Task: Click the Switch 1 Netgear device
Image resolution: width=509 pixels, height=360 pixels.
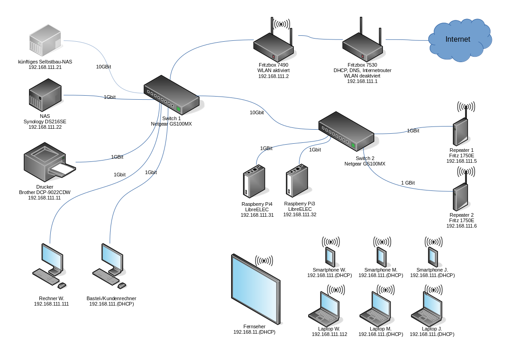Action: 171,94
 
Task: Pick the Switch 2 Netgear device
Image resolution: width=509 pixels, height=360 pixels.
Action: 346,131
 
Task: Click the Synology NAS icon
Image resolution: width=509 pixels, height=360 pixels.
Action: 45,94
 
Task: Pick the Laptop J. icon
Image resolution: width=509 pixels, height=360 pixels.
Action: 428,309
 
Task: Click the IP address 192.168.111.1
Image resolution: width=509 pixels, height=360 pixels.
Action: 362,81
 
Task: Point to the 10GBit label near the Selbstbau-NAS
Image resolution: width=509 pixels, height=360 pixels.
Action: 103,67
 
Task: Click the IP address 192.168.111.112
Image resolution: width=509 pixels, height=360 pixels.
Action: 330,334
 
